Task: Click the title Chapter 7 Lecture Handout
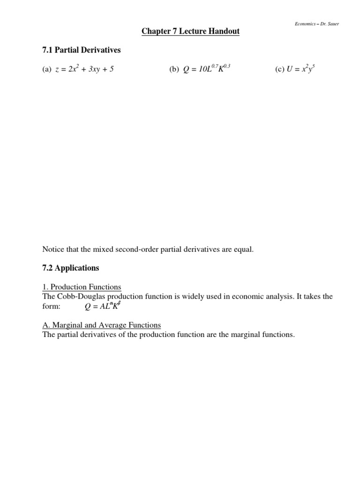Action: click(x=190, y=31)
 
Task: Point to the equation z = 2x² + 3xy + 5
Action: click(x=85, y=69)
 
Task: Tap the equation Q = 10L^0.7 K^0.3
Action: click(x=206, y=69)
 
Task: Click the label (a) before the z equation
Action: click(x=46, y=70)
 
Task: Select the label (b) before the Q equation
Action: click(x=174, y=70)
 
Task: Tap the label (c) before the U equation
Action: click(x=280, y=70)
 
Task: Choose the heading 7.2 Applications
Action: click(x=70, y=268)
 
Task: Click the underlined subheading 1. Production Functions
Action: click(x=82, y=287)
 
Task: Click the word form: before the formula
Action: click(x=52, y=307)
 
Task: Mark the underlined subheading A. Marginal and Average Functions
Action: click(x=101, y=325)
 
